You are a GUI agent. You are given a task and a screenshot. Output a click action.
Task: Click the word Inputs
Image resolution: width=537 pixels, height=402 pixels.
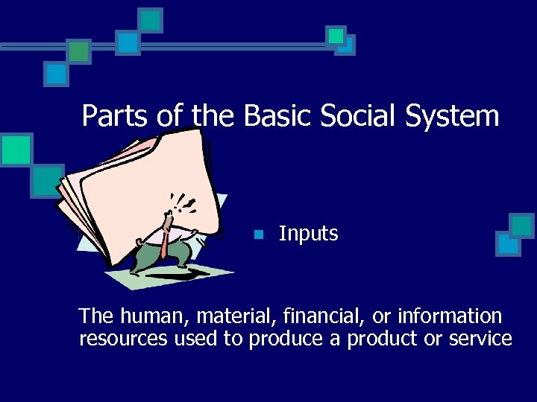pyautogui.click(x=308, y=234)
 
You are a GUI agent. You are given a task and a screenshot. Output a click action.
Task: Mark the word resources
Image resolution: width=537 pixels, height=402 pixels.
pyautogui.click(x=124, y=340)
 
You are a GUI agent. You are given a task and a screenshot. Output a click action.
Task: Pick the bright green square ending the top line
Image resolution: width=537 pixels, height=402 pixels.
pyautogui.click(x=336, y=35)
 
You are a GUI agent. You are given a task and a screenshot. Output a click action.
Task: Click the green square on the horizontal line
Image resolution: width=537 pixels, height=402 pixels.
pyautogui.click(x=79, y=50)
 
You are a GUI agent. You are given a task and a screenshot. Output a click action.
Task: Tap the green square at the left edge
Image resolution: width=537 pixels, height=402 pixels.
pyautogui.click(x=16, y=149)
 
